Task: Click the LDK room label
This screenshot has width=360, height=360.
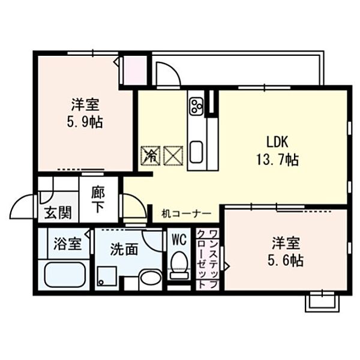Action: (277, 142)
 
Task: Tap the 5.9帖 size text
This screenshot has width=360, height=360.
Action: (85, 122)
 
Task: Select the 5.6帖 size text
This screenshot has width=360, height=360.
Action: (286, 260)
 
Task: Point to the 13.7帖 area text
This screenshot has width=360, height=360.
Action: (277, 160)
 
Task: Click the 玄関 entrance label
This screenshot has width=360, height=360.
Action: (58, 212)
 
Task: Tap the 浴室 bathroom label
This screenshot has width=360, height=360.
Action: (67, 244)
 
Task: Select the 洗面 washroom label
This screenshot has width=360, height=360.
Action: (124, 249)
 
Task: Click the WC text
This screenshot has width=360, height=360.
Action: (179, 240)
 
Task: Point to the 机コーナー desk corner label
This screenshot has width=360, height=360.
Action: (186, 214)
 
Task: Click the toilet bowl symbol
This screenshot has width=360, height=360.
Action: (179, 265)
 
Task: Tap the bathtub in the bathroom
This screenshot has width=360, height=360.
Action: (65, 275)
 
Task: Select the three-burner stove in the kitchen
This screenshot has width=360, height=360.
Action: (197, 106)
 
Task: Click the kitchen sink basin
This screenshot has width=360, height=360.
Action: (196, 152)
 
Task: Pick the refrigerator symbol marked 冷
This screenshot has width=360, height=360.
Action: (151, 155)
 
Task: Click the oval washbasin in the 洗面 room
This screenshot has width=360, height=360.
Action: (151, 279)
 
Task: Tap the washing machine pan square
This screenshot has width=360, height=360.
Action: (107, 276)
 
